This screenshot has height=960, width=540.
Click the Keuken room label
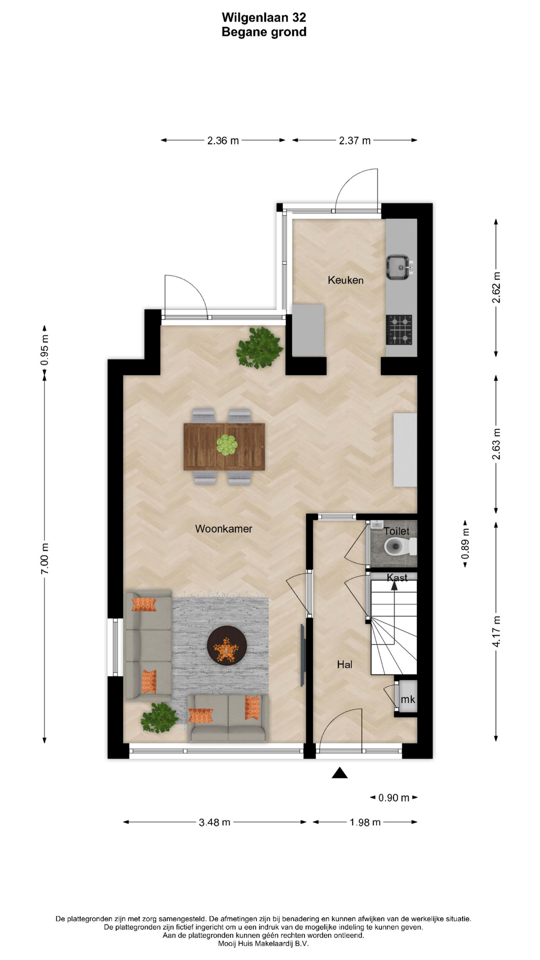[345, 280]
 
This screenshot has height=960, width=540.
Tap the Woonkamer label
[223, 528]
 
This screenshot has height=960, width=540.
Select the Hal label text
[344, 664]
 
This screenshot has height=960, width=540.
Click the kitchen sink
[400, 267]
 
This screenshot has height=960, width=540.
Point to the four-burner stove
[399, 330]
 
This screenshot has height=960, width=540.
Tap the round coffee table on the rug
[227, 645]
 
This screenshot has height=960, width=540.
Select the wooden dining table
[224, 446]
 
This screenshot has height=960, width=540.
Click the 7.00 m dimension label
[44, 557]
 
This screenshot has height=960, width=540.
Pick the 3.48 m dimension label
[214, 822]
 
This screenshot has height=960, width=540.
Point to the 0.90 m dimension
[394, 797]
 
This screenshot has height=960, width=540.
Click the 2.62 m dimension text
[496, 287]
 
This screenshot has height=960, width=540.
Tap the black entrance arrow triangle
[340, 773]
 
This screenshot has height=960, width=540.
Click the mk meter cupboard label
[408, 699]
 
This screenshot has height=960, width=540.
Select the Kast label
[397, 577]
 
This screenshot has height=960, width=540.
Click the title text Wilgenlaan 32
[264, 17]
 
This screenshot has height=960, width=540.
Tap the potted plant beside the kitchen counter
[260, 347]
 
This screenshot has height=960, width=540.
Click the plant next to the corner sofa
[159, 718]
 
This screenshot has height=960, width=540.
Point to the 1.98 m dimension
[365, 822]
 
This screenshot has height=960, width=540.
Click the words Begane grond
[264, 32]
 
